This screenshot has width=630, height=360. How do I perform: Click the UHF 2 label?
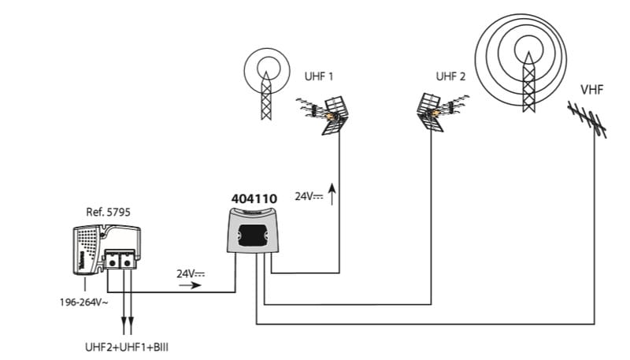(x=450, y=76)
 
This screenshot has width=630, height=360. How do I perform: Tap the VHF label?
(x=591, y=91)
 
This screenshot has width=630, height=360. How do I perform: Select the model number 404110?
(x=254, y=199)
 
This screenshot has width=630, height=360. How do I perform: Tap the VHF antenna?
(x=588, y=119)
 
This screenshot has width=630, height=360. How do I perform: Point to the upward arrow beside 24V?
(x=332, y=192)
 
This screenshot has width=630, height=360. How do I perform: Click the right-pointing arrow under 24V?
(x=189, y=286)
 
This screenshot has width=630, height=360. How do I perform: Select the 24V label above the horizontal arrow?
(x=190, y=273)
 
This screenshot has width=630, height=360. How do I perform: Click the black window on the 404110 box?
(x=254, y=233)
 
